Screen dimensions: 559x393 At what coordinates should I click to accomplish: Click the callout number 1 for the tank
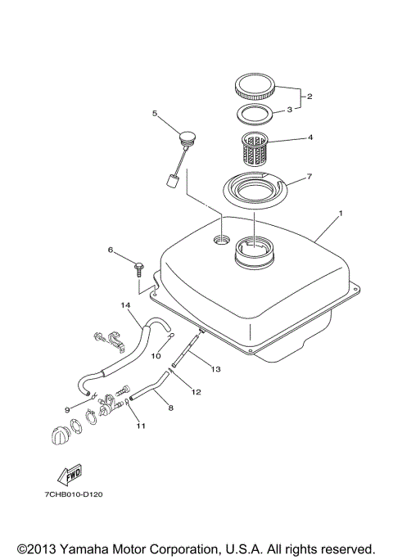[x=341, y=214]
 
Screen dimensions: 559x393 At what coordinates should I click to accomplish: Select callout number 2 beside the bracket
[x=309, y=96]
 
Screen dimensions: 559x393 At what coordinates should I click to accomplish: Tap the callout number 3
[x=288, y=111]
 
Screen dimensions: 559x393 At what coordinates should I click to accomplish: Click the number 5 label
[x=154, y=114]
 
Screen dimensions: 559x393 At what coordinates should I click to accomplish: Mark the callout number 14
[x=126, y=306]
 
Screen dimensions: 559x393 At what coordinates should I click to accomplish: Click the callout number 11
[x=140, y=426]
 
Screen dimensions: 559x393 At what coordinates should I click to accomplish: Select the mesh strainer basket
[x=263, y=150]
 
